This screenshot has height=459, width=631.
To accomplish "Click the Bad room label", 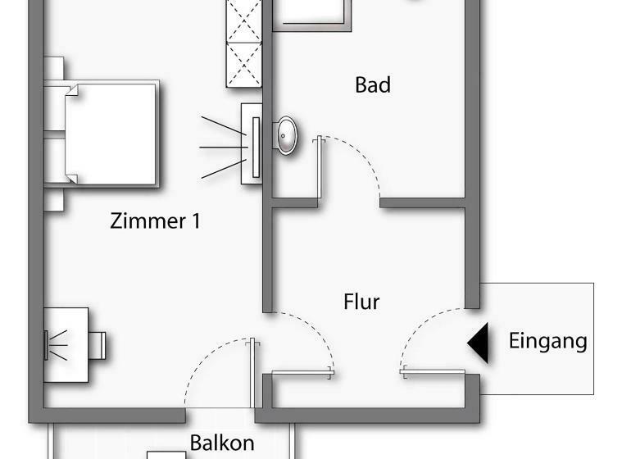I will [373, 85].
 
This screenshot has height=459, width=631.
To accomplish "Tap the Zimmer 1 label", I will [156, 221].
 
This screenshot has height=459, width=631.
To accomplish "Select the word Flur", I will [361, 302].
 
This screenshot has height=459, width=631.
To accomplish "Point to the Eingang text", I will [547, 341].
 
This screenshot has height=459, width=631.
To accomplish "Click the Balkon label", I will [222, 443].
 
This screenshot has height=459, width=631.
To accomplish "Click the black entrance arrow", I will [479, 343].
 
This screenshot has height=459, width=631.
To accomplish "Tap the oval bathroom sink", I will [286, 134].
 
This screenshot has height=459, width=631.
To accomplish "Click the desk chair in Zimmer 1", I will [97, 344].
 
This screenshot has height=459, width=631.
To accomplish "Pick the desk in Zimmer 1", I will [67, 344].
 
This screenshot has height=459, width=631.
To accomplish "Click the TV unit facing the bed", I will [252, 145].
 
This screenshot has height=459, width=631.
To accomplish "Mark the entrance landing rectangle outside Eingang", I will [537, 338].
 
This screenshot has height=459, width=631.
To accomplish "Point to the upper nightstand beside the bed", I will [53, 69].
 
